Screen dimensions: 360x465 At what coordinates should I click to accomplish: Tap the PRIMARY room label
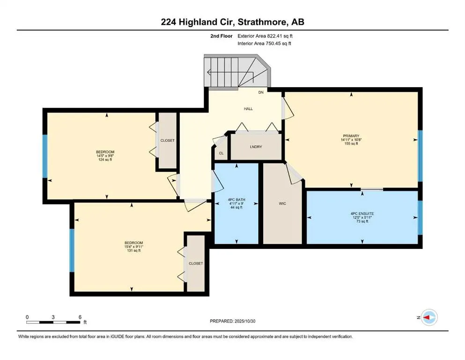(x=351, y=135)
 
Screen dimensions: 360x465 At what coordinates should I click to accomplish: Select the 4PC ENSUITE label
(x=362, y=213)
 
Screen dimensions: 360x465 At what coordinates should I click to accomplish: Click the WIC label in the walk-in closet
(x=282, y=203)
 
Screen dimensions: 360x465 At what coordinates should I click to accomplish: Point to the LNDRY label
(x=256, y=147)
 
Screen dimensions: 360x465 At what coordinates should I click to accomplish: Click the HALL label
(x=248, y=109)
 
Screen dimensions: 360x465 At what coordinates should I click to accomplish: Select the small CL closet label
(x=221, y=153)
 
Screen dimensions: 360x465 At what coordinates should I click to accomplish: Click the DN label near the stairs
(x=261, y=93)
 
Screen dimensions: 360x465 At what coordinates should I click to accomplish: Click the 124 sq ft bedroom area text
(x=105, y=160)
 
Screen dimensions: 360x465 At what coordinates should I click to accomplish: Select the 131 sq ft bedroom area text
(x=133, y=251)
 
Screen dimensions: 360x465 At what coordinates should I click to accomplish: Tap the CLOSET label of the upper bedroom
(x=167, y=140)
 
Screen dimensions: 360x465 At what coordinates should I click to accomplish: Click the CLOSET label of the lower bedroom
(x=196, y=263)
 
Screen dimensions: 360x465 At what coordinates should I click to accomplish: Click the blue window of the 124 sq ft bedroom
(x=45, y=156)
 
